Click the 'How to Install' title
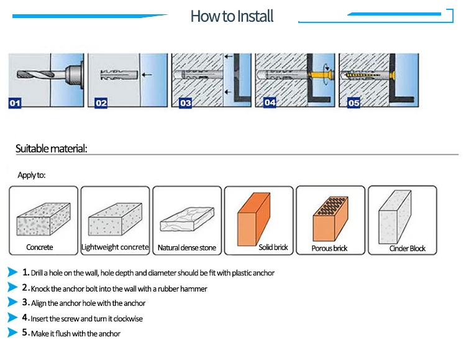[x=232, y=16]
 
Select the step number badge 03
[x=185, y=103]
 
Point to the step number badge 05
[x=354, y=103]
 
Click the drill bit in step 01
[x=31, y=75]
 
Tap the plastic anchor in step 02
[x=116, y=76]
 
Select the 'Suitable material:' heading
[x=51, y=149]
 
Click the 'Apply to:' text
[x=32, y=175]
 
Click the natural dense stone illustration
[x=186, y=218]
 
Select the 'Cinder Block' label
[x=408, y=249]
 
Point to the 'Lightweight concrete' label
[x=116, y=247]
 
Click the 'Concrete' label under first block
[x=40, y=247]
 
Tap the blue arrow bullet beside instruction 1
[x=12, y=273]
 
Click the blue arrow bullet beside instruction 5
[x=12, y=333]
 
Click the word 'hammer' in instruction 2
[x=195, y=288]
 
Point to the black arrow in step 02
[x=147, y=76]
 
